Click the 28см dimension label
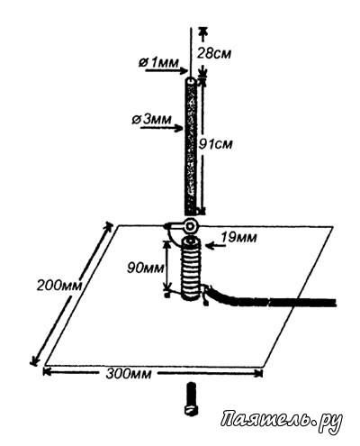point(214,53)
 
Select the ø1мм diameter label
point(158,62)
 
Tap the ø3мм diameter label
point(152,120)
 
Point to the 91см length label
point(216,144)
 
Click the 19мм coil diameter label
point(238,237)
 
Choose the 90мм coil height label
point(146,268)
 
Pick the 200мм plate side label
point(59,285)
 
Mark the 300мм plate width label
point(129,374)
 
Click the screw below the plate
point(191,399)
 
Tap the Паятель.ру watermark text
point(282,420)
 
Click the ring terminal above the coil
point(190,226)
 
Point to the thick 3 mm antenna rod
point(190,146)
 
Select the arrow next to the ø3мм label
point(162,129)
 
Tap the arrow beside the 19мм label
point(216,246)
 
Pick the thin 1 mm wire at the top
point(190,52)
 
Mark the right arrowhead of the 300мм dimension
point(258,373)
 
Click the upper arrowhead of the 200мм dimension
point(107,227)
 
